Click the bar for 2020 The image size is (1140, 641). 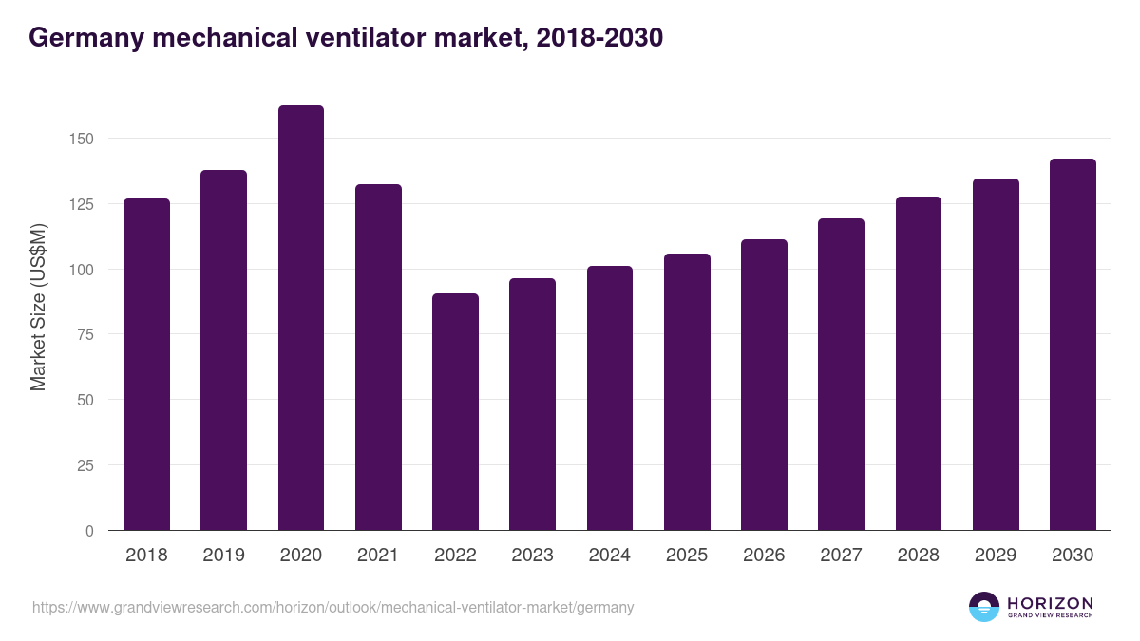(x=301, y=318)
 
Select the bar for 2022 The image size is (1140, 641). (x=455, y=412)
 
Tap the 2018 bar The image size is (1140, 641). (x=146, y=365)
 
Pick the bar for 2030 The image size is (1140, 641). (x=1073, y=345)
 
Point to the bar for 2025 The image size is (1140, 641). (x=687, y=392)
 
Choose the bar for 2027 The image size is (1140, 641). (x=841, y=374)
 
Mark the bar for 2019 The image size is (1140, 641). (x=223, y=350)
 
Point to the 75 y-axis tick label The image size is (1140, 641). (x=85, y=334)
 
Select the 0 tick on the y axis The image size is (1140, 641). (x=90, y=531)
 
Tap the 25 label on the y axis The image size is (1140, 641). (x=85, y=465)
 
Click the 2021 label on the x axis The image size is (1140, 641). (x=378, y=556)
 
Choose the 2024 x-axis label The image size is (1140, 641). (x=609, y=556)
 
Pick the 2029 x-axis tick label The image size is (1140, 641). (x=995, y=556)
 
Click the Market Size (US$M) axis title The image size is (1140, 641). (x=38, y=307)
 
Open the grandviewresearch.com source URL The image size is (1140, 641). (x=332, y=607)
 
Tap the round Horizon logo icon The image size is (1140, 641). (x=983, y=607)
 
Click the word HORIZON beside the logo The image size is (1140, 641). (x=1050, y=602)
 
